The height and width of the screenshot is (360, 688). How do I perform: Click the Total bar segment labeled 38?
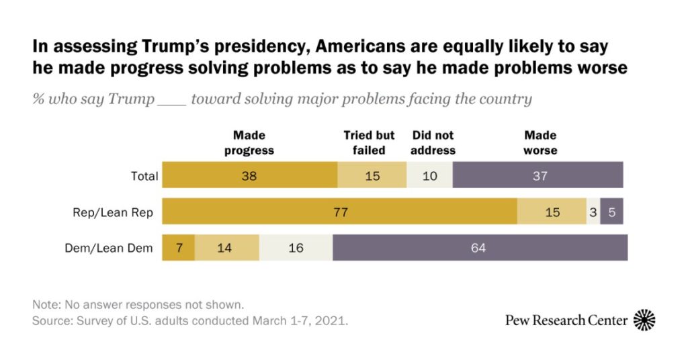249,177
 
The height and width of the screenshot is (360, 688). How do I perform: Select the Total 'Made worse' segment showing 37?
537,177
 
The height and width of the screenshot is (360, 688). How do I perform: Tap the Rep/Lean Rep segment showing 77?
340,212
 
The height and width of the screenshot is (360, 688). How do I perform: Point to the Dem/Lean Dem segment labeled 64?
480,248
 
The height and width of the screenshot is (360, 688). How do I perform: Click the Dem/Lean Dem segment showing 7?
179,248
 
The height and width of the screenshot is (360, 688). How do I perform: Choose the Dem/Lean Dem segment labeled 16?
296,248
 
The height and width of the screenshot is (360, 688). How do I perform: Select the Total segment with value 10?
429,177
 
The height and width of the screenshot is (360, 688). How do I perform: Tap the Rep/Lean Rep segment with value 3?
593,212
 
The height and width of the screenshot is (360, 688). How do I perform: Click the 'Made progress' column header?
249,143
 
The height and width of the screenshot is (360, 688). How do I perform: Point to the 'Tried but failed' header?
369,143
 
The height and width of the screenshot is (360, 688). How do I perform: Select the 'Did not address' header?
433,143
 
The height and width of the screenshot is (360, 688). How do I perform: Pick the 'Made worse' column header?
540,143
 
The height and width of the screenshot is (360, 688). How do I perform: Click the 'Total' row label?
144,177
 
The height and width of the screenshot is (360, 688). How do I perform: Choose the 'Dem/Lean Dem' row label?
109,248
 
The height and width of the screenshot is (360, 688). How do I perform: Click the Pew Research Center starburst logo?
645,320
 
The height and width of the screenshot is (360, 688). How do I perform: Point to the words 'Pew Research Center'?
566,320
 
